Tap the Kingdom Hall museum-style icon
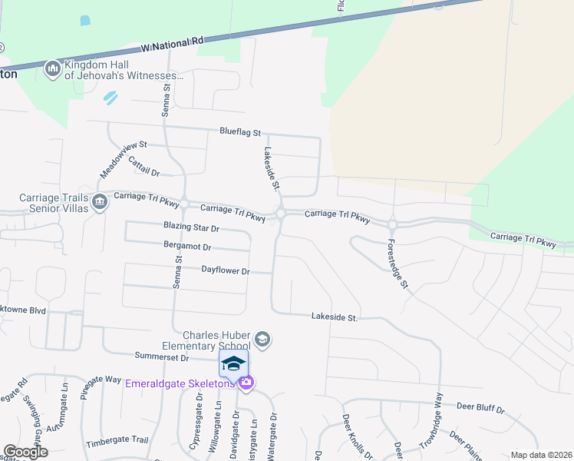[x=53, y=69]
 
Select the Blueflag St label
[x=240, y=133]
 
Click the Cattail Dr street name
[x=143, y=167]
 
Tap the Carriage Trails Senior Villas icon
[x=100, y=202]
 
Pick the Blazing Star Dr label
[x=191, y=228]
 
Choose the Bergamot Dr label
[x=187, y=247]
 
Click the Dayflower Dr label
[x=226, y=271]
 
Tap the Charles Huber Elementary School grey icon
[x=262, y=340]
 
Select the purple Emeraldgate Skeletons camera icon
[x=246, y=383]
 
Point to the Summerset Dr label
[x=161, y=357]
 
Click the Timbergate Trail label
[x=117, y=439]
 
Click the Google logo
[x=25, y=452]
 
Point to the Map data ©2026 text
[x=540, y=455]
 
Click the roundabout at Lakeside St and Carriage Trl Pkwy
[x=282, y=214]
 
